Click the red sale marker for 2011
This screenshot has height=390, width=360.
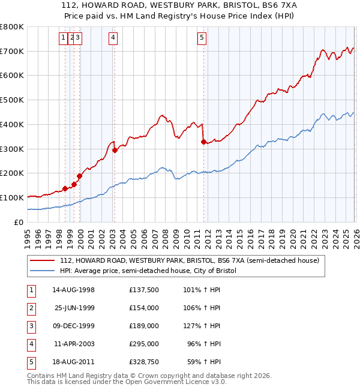coord(203,142)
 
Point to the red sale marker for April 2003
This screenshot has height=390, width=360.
coord(115,150)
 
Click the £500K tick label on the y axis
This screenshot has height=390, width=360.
coord(12,100)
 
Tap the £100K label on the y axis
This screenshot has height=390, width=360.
coord(12,197)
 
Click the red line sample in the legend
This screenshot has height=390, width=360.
coord(43,260)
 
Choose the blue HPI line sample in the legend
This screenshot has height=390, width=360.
coord(43,271)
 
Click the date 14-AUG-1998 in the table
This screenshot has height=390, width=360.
coord(73,290)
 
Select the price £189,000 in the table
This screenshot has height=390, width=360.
coord(144,326)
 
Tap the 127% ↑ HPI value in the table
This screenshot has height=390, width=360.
coord(203,326)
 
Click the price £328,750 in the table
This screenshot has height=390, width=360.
coord(144,362)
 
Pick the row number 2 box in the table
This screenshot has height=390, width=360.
coord(31,308)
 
